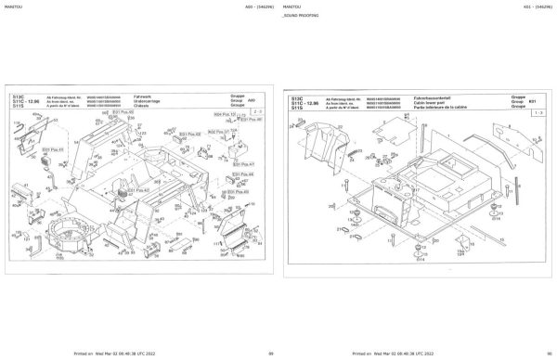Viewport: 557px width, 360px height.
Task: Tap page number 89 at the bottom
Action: [270, 354]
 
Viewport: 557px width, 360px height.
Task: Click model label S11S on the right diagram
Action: [297, 108]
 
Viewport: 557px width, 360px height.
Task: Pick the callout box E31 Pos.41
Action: [57, 148]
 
